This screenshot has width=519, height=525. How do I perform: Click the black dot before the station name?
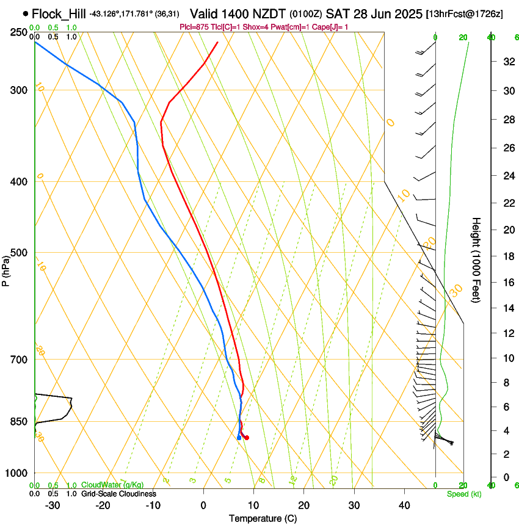[x=25, y=13]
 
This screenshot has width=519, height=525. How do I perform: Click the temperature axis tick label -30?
[x=53, y=505]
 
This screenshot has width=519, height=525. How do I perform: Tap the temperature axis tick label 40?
[x=404, y=505]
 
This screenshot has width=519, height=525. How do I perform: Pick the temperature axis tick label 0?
[x=203, y=505]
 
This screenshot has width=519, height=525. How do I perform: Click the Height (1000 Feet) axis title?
[x=476, y=259]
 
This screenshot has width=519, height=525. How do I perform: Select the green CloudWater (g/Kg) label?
[x=112, y=485]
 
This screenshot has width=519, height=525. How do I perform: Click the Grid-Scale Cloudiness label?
[x=118, y=493]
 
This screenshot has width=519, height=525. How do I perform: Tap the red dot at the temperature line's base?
[x=246, y=437]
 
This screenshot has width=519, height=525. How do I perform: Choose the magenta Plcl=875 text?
[x=194, y=27]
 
